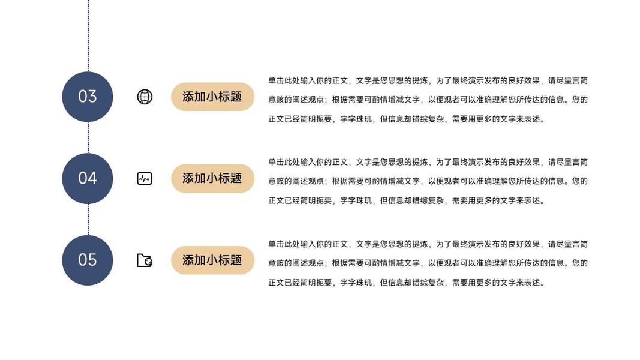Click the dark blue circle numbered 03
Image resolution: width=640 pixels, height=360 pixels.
tap(88, 97)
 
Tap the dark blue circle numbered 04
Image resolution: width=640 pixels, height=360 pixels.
tap(88, 178)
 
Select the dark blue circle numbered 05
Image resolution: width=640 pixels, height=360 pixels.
tap(88, 260)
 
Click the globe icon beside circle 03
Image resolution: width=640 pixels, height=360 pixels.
tap(145, 97)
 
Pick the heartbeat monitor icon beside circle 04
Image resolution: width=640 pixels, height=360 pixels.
tap(145, 178)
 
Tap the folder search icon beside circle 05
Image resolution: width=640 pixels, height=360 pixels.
tap(145, 260)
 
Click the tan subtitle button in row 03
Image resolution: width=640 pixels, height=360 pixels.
tap(212, 97)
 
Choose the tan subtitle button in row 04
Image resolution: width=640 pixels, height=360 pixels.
tap(212, 178)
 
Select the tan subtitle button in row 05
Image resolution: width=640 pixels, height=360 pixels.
tap(212, 260)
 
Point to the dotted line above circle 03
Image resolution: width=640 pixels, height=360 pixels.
tap(89, 36)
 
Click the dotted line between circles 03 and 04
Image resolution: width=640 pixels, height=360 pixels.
tap(89, 137)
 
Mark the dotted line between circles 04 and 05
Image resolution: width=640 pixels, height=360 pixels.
tap(89, 219)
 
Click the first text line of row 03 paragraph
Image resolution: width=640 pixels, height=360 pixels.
tap(428, 80)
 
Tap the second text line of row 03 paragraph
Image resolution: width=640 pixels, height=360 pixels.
tap(428, 100)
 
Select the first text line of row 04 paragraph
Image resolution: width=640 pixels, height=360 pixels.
tap(428, 162)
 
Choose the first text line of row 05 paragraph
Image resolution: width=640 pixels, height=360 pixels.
tap(428, 244)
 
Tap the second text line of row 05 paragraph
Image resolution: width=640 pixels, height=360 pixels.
tap(428, 263)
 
